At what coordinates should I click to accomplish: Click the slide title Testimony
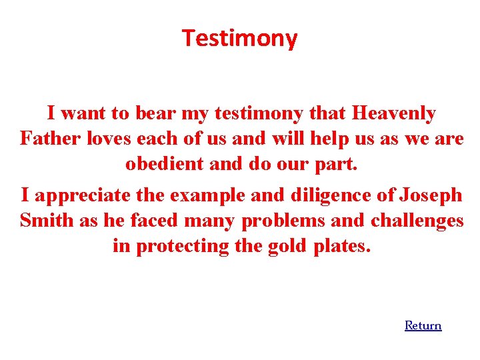240,39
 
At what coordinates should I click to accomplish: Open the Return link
423,325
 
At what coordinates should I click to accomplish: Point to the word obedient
164,164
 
